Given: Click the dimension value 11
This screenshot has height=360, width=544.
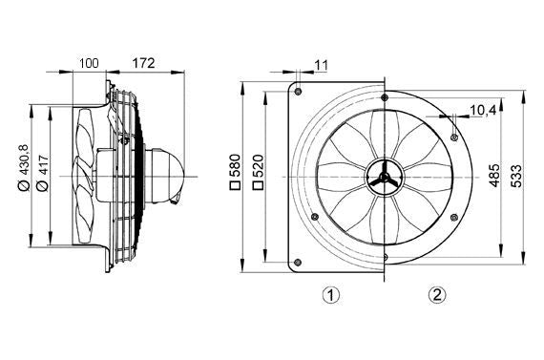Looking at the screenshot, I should pyautogui.click(x=320, y=64).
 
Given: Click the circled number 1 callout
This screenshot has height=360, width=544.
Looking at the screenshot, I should pyautogui.click(x=330, y=295).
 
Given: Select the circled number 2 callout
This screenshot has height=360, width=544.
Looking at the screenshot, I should pyautogui.click(x=436, y=295).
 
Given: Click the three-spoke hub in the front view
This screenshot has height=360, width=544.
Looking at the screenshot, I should pyautogui.click(x=383, y=177).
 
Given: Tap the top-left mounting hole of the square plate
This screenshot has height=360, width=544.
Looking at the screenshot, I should pyautogui.click(x=300, y=92).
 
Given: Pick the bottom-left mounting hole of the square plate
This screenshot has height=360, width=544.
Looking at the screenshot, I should pyautogui.click(x=300, y=263).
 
